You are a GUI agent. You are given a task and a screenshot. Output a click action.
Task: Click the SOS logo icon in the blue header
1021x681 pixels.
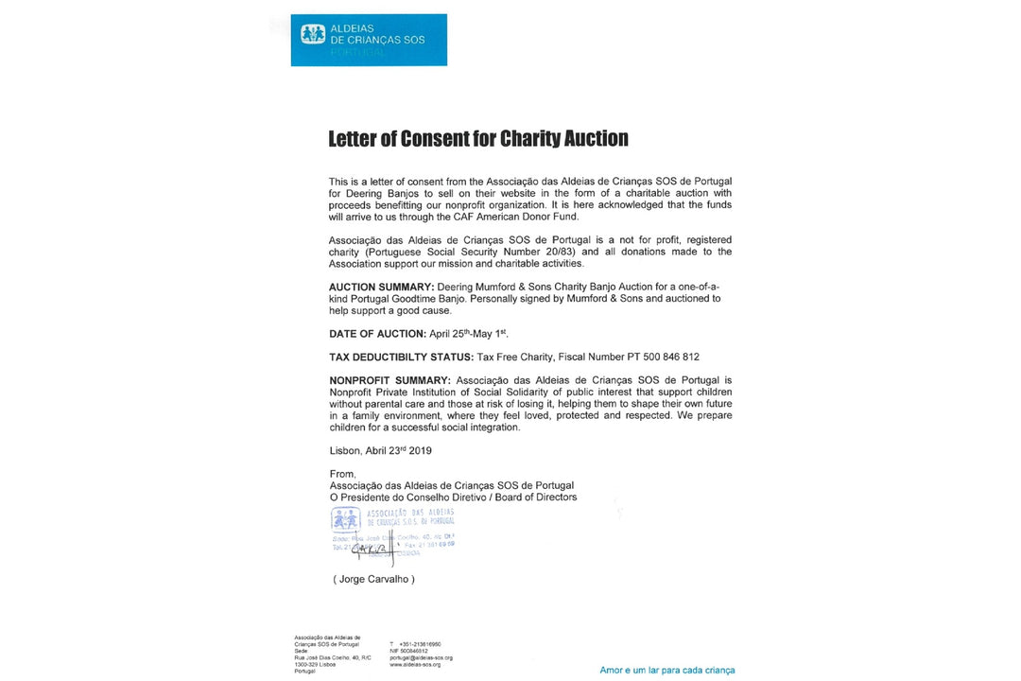313,35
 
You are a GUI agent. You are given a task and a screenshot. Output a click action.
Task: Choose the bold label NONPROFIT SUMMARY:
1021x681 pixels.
390,380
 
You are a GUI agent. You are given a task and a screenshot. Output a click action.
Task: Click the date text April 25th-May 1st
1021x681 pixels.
469,333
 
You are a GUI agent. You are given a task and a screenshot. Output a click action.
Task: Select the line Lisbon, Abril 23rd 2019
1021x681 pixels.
381,451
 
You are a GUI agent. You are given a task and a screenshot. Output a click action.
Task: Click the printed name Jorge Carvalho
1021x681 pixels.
373,579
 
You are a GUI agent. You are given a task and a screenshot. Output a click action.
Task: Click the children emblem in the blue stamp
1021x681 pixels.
345,518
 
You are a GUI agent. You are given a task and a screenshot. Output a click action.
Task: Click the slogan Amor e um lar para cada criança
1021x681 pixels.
667,670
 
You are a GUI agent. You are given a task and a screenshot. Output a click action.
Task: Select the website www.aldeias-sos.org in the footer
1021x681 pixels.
415,664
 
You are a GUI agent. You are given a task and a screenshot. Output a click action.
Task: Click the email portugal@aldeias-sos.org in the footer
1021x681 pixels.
421,657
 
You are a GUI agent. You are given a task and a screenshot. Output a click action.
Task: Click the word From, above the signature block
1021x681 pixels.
342,474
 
